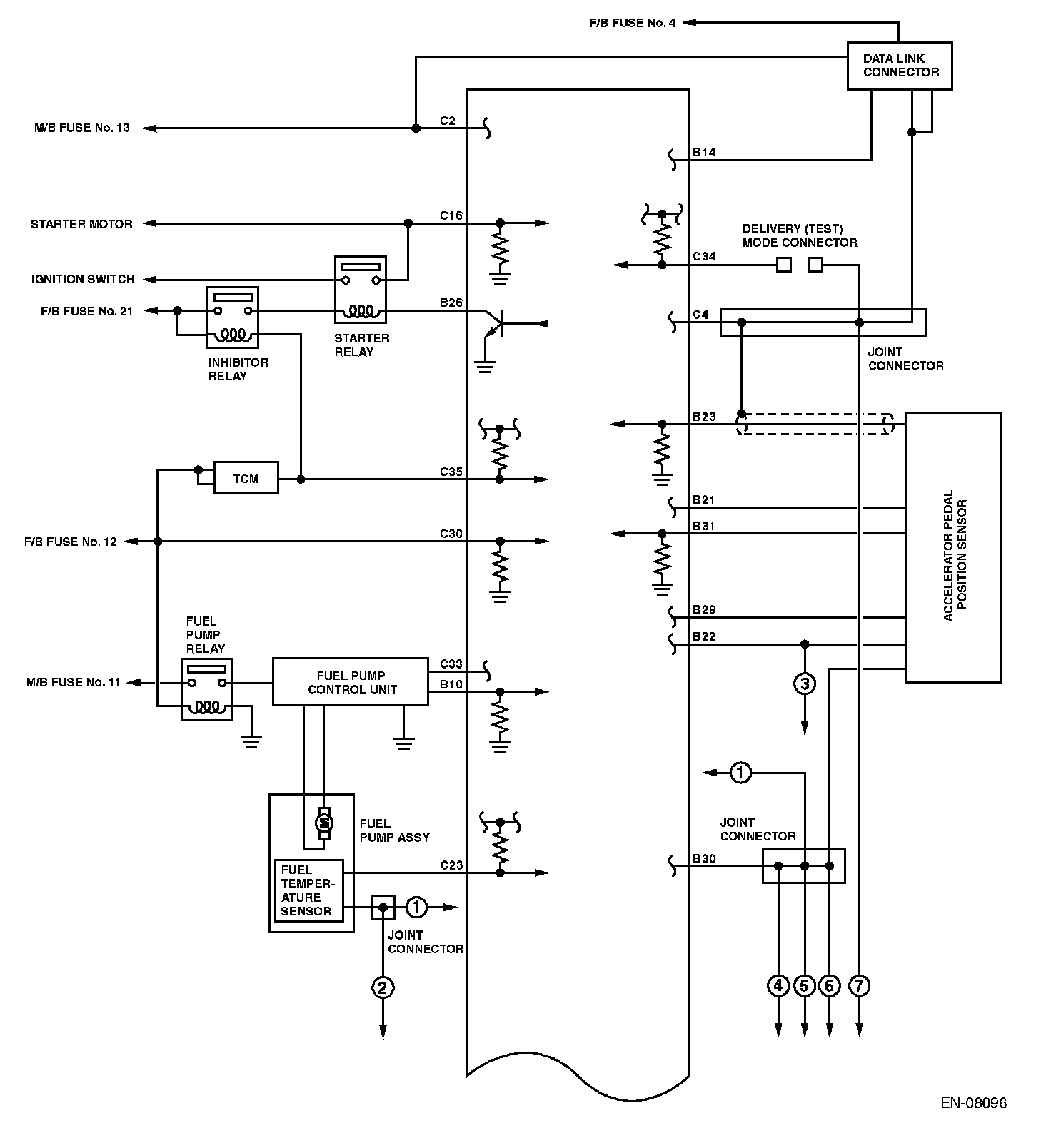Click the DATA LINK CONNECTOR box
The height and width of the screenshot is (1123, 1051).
point(899,66)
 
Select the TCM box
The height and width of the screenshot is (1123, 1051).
point(246,479)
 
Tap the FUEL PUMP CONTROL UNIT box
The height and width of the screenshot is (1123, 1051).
point(351,682)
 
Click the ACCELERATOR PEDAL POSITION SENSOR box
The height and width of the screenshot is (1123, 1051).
point(952,547)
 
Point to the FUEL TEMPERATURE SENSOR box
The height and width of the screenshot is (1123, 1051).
point(308,890)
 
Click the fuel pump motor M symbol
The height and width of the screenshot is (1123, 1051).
point(324,823)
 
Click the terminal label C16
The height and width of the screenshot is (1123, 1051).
point(451,215)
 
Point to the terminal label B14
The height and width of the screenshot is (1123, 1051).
point(704,152)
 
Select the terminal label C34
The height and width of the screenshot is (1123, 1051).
point(704,256)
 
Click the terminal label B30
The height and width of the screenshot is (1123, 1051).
point(704,858)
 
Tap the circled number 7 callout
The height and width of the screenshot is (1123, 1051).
point(859,986)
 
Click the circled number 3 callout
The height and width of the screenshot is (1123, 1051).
point(805,684)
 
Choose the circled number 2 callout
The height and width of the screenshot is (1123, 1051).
point(383,987)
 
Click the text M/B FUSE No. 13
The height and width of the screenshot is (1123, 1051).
point(82,128)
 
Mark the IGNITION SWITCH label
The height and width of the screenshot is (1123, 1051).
point(82,279)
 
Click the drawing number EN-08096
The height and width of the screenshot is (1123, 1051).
point(973,1102)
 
